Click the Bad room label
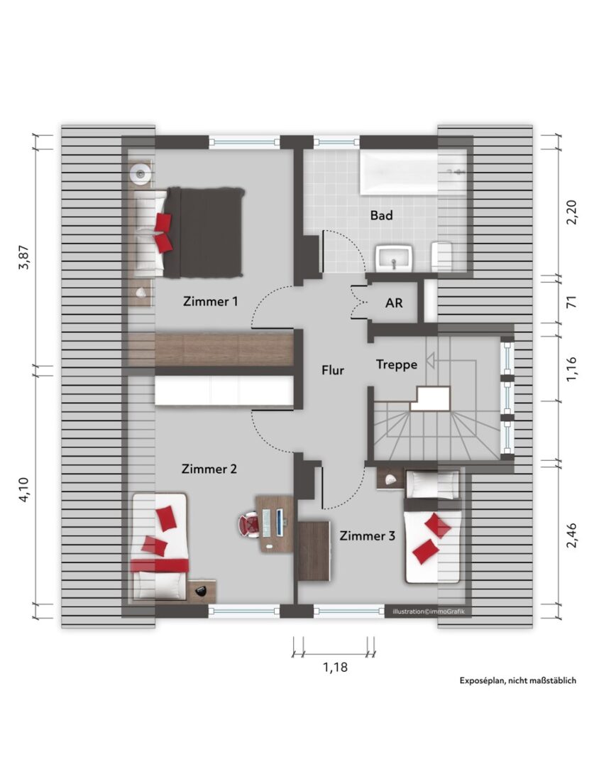click(x=381, y=215)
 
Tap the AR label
click(x=394, y=303)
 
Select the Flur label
click(x=333, y=370)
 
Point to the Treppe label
click(x=397, y=364)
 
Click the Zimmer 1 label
click(x=210, y=301)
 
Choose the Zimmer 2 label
click(x=209, y=469)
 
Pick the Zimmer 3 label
click(x=367, y=535)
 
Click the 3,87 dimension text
click(x=24, y=257)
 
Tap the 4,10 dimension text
click(x=24, y=489)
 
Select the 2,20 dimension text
click(x=571, y=212)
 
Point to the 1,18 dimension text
click(x=336, y=667)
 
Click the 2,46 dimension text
click(x=571, y=535)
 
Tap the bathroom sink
click(x=395, y=258)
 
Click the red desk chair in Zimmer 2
click(x=249, y=525)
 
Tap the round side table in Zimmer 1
click(x=141, y=173)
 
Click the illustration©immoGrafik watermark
click(x=428, y=611)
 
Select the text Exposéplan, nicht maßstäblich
click(x=518, y=680)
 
